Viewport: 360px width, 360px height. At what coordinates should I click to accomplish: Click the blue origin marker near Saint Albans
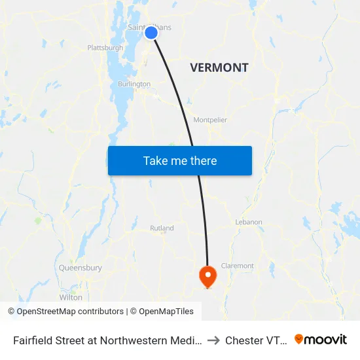pos(151,32)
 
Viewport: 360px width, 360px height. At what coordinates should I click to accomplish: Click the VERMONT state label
pos(219,67)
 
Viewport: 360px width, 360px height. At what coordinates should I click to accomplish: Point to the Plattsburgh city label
pos(105,48)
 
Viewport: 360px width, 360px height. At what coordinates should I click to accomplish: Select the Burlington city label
pos(134,84)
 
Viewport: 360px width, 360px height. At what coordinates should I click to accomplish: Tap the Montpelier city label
pos(210,120)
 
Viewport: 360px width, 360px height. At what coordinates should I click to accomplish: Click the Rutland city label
pos(162,228)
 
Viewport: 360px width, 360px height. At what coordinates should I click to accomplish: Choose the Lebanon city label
pos(249,223)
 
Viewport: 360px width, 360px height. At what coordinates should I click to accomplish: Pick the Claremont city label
pos(237,266)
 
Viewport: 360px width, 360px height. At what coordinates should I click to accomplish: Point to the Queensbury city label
pos(80,268)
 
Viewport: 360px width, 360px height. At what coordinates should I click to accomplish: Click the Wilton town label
pos(71,297)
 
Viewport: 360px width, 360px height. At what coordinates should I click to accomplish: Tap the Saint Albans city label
pos(149,27)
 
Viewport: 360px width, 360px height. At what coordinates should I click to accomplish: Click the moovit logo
pos(321,340)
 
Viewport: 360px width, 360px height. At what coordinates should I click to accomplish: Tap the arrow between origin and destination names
pos(214,340)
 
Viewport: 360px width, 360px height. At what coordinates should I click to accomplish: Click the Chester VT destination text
pos(256,340)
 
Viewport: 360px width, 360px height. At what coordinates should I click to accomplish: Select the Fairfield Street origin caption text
pos(107,340)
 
